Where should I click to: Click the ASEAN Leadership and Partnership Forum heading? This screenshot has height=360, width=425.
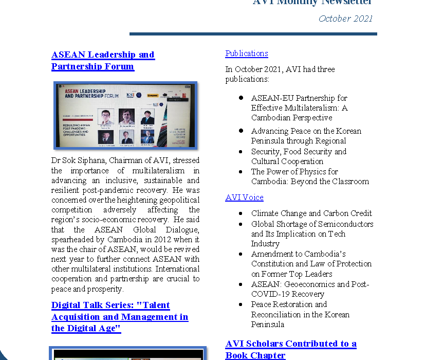pyautogui.click(x=103, y=60)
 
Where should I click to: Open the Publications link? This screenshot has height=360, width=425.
pyautogui.click(x=247, y=53)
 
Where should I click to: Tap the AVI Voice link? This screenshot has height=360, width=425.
pyautogui.click(x=244, y=197)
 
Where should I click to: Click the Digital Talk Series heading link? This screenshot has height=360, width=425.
pyautogui.click(x=120, y=317)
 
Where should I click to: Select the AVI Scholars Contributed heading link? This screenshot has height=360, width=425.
pyautogui.click(x=290, y=349)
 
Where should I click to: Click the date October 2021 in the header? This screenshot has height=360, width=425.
pyautogui.click(x=345, y=19)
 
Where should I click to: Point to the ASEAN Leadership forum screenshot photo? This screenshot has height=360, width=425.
pyautogui.click(x=125, y=115)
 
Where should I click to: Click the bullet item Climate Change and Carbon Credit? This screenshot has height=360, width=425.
pyautogui.click(x=311, y=213)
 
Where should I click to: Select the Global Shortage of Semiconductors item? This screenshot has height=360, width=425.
pyautogui.click(x=312, y=233)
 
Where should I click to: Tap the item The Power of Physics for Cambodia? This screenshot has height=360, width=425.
pyautogui.click(x=310, y=176)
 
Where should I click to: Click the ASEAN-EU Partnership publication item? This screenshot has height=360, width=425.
pyautogui.click(x=299, y=107)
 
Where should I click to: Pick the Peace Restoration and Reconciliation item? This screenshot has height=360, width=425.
pyautogui.click(x=300, y=314)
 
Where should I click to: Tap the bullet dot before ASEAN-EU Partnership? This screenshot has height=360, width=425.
pyautogui.click(x=241, y=98)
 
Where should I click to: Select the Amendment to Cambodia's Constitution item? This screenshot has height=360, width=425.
pyautogui.click(x=311, y=264)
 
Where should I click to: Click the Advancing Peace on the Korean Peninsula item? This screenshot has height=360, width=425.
pyautogui.click(x=306, y=136)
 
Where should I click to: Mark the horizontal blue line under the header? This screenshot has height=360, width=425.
pyautogui.click(x=253, y=34)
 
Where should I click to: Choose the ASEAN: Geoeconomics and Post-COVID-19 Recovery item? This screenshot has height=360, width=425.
pyautogui.click(x=310, y=289)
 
